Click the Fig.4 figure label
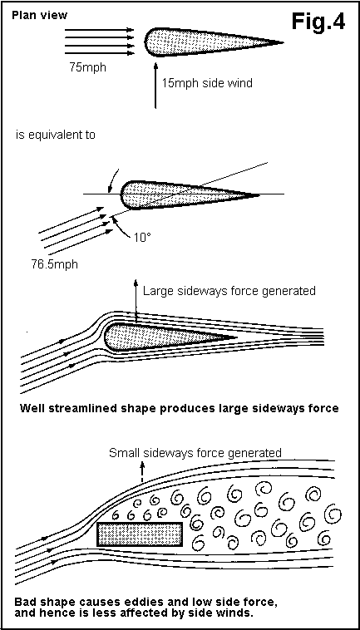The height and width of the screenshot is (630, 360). tap(318, 22)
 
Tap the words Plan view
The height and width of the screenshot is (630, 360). tap(39, 15)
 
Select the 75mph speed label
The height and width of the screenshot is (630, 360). tap(87, 67)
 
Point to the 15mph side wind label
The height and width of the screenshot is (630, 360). tap(207, 83)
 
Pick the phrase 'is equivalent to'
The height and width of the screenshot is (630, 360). tap(56, 135)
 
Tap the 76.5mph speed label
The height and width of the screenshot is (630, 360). tap(54, 265)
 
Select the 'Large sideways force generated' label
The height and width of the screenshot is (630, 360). tap(229, 290)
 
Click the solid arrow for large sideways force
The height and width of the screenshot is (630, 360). tap(136, 301)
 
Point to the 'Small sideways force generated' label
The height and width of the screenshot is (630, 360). tap(195, 453)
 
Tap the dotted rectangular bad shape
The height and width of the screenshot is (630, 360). tap(140, 534)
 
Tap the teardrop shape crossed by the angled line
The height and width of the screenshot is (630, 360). tap(190, 194)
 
